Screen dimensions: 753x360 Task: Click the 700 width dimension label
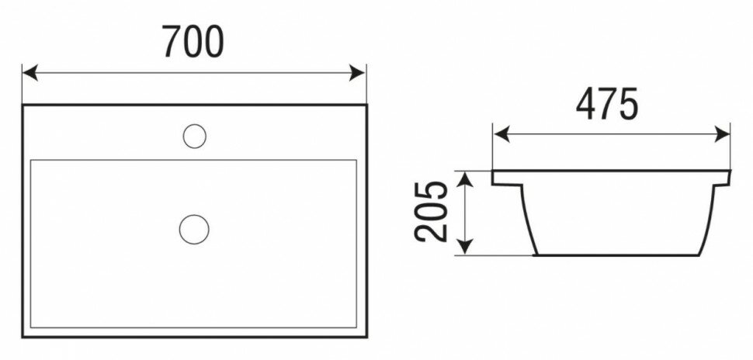tap(193, 42)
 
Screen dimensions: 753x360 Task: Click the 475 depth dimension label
tap(607, 104)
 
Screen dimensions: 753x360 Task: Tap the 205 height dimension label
tap(432, 212)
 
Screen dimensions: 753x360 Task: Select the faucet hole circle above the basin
tap(194, 137)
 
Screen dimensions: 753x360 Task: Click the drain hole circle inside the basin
tap(194, 229)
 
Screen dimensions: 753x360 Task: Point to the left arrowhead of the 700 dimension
tap(29, 73)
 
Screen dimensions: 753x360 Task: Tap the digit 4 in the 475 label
tap(586, 104)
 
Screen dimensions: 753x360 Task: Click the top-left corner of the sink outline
tap(23, 106)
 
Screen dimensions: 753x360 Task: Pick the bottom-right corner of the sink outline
tap(365, 337)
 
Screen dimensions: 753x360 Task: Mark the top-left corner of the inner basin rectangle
tap(31, 161)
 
